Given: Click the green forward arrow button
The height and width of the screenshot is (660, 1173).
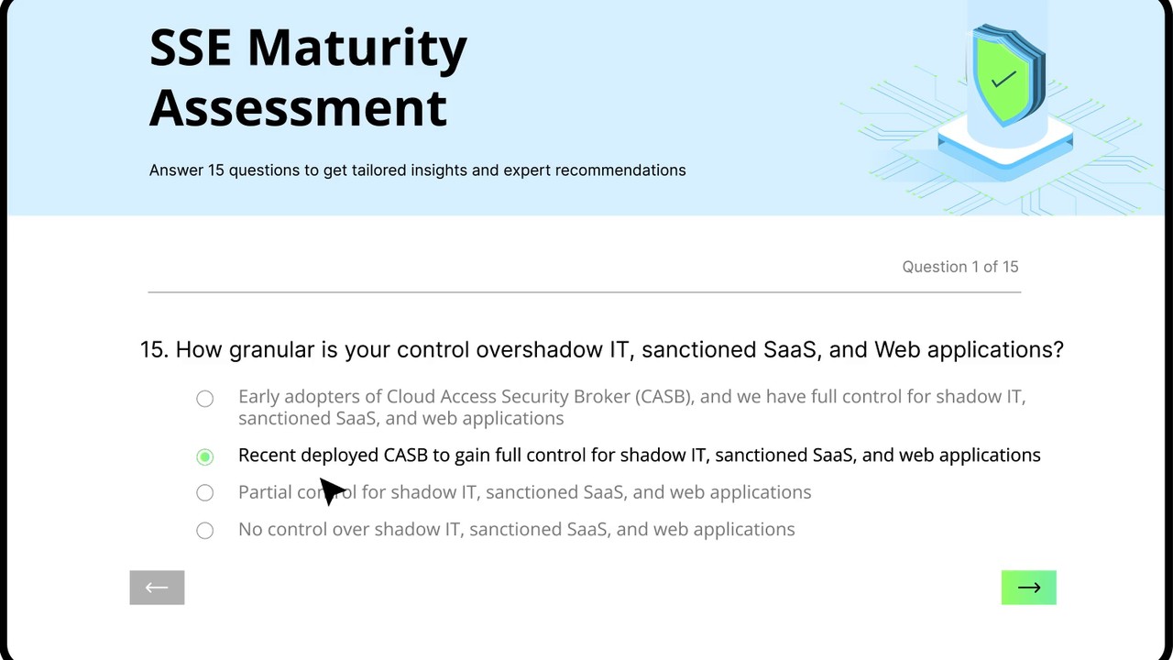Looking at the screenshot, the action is (1028, 588).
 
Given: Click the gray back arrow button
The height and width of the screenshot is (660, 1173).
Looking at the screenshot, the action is (157, 588).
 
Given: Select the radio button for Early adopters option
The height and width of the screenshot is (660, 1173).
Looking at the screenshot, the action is (204, 399).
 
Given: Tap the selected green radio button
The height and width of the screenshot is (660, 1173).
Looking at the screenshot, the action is (204, 456).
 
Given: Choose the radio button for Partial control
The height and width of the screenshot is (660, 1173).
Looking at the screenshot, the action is (204, 492).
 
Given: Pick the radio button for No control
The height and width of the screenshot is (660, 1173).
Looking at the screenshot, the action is (204, 530).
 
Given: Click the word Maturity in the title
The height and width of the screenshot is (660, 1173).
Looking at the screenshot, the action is (357, 49).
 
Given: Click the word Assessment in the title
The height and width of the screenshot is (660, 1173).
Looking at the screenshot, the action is (298, 108).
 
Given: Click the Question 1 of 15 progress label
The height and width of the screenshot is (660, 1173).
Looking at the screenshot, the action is (959, 267).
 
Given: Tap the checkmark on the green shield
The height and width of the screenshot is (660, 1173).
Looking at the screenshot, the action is (1003, 80).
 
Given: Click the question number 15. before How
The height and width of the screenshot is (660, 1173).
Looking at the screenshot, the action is (155, 350).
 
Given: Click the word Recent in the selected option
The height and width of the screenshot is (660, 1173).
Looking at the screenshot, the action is (267, 456).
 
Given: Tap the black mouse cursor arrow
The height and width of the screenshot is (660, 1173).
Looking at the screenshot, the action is (332, 490).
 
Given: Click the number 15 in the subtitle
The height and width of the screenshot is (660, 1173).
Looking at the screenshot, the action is (215, 170).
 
